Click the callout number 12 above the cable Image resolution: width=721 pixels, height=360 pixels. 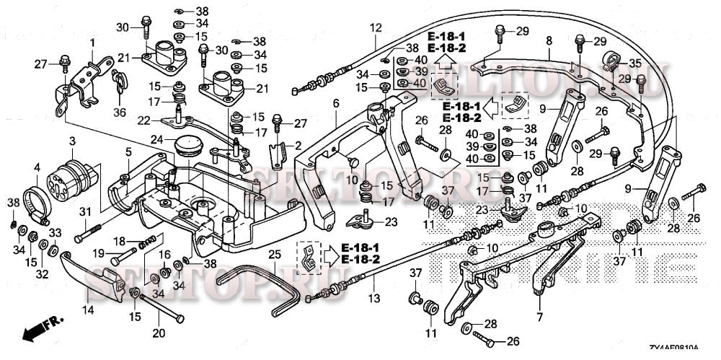coord(375,28)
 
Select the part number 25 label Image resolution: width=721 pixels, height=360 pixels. coord(274,255)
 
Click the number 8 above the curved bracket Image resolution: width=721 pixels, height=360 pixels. coord(549,41)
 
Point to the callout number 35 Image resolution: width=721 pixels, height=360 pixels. coord(634,63)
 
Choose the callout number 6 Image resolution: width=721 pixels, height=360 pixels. coord(335,104)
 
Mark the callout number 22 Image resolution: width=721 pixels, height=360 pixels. coord(143,120)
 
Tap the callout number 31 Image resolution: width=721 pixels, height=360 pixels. coord(85,211)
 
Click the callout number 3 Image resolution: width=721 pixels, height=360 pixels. coord(72,139)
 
